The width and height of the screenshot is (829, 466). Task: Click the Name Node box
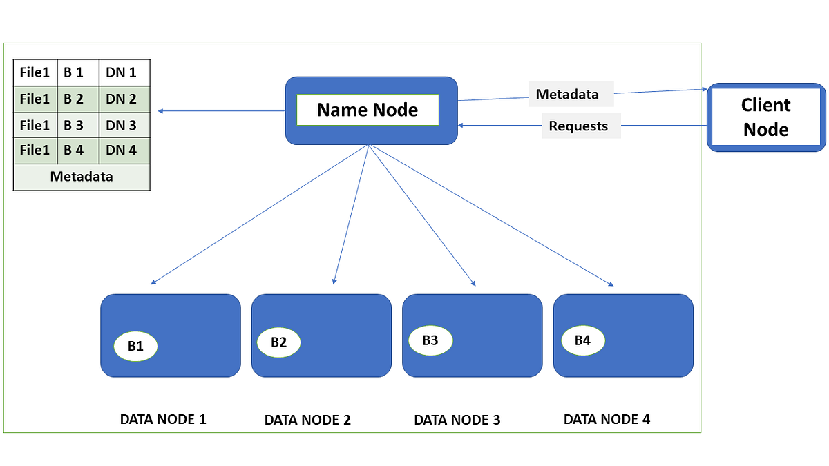371,110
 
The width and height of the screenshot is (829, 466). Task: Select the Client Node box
766,117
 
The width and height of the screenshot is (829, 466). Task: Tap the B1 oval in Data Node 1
135,347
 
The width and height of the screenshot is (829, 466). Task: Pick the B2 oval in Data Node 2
278,342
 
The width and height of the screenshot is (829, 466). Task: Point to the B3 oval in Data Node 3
430,340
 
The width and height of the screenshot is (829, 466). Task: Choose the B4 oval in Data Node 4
582,340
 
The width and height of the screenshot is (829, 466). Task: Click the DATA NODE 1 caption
163,419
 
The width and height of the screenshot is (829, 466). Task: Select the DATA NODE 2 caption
307,420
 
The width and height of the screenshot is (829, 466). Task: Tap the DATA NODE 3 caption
457,420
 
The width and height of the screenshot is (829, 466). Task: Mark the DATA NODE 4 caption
607,419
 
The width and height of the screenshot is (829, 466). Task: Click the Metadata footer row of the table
82,177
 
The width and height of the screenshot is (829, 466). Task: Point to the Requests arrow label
579,126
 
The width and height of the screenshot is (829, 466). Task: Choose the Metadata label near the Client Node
567,95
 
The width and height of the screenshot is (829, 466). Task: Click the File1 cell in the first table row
35,72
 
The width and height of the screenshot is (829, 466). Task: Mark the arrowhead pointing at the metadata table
160,111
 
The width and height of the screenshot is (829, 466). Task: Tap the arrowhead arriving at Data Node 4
611,284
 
